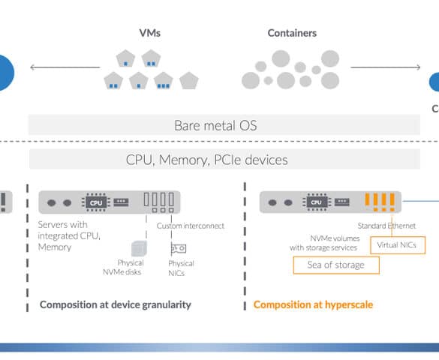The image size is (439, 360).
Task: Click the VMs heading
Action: click(x=150, y=33)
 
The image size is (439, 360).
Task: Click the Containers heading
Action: click(x=292, y=33)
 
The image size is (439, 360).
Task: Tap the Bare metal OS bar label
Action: click(x=215, y=125)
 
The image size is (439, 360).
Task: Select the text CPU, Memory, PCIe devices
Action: click(x=206, y=160)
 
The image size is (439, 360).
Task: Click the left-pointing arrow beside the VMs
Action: click(x=65, y=67)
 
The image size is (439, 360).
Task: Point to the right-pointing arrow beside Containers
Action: click(x=386, y=67)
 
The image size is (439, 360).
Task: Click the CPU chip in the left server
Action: click(x=96, y=202)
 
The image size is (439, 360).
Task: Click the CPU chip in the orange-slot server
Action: click(x=317, y=202)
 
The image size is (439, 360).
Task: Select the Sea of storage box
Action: click(x=336, y=265)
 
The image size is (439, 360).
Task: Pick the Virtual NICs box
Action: click(x=398, y=245)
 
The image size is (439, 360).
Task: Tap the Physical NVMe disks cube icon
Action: click(x=139, y=248)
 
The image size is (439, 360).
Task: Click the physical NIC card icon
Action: click(x=179, y=248)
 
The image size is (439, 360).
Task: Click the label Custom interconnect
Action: click(x=191, y=226)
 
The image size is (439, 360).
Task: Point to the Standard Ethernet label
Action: click(x=386, y=226)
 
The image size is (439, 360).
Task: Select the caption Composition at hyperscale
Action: click(x=313, y=304)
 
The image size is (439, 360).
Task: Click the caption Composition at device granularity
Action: click(x=116, y=304)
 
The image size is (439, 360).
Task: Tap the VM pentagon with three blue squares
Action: click(x=164, y=80)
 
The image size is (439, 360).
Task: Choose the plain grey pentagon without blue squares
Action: click(x=189, y=80)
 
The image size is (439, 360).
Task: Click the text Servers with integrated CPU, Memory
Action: click(x=69, y=235)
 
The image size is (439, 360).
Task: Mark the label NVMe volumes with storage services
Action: click(x=324, y=243)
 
